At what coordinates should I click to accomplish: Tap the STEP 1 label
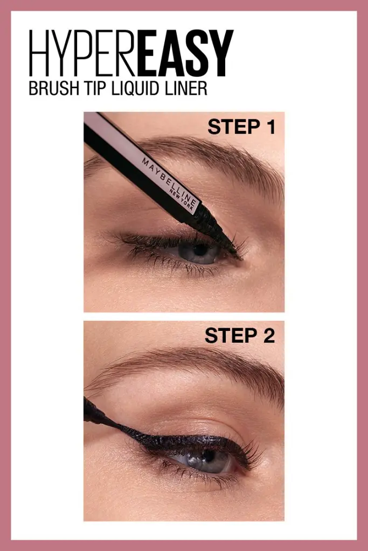[241, 128]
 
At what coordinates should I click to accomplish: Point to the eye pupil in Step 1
[200, 250]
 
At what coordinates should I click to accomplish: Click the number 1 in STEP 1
[269, 128]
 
